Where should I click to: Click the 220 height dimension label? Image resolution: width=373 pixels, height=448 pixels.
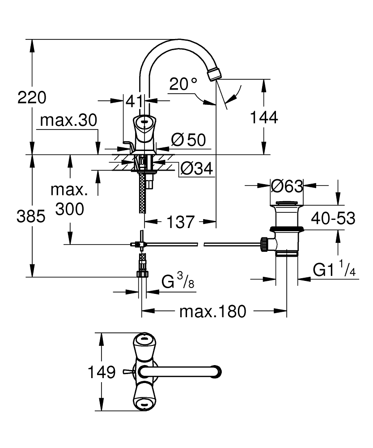(31, 97)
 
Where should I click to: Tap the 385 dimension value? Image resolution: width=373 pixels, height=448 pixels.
(31, 217)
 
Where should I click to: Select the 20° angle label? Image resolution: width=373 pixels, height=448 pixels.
(183, 84)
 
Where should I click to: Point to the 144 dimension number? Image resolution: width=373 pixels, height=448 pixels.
(264, 117)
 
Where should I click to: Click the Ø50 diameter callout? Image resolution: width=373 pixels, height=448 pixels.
(188, 140)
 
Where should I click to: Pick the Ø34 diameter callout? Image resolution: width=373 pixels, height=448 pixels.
(195, 169)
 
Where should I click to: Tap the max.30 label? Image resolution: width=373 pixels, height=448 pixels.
(68, 120)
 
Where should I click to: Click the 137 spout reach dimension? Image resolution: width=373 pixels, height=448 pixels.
(181, 221)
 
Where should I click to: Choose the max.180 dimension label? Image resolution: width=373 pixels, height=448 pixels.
(212, 311)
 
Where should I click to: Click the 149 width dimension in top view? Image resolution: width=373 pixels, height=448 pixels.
(102, 372)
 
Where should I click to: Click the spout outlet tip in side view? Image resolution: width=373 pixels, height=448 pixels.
(215, 73)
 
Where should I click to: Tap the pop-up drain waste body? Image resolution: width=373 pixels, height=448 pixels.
(286, 224)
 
